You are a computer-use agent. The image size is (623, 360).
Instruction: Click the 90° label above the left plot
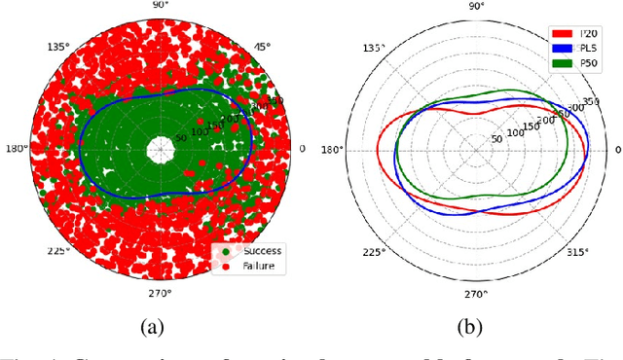click(x=160, y=5)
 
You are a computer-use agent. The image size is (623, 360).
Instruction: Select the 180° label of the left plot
click(x=16, y=149)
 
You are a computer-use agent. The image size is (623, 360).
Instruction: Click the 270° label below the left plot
click(x=161, y=292)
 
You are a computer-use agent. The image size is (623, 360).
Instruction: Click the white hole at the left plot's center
click(x=160, y=149)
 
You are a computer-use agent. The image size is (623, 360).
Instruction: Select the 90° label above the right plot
click(x=476, y=6)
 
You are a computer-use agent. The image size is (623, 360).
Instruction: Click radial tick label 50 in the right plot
click(x=496, y=140)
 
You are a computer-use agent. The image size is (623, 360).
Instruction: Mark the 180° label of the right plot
click(x=333, y=150)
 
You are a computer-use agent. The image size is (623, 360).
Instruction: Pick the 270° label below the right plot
click(x=476, y=294)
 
